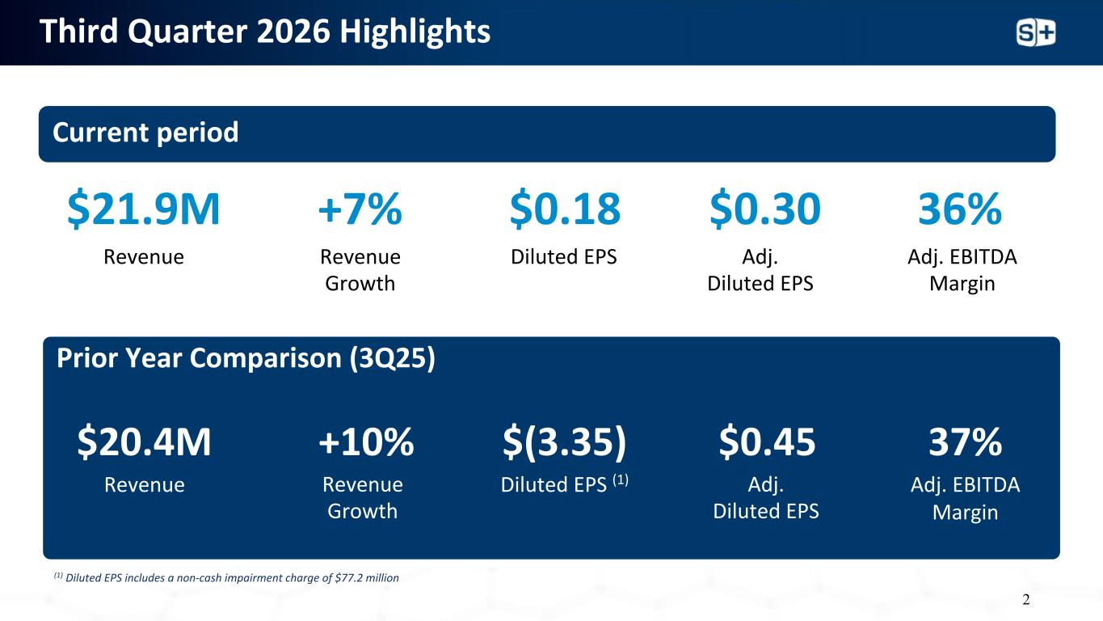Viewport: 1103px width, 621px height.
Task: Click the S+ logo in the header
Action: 1036,33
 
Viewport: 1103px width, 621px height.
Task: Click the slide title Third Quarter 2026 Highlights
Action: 265,32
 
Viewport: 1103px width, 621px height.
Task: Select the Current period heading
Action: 145,133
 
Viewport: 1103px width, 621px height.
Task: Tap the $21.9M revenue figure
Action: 143,209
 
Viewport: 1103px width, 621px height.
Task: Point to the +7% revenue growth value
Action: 360,209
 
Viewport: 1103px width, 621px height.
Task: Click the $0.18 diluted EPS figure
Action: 565,209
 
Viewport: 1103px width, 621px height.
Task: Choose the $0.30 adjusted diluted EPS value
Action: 764,209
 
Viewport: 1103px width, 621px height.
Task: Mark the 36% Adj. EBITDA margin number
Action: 960,209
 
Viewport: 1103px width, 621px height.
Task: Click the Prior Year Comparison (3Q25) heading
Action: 246,358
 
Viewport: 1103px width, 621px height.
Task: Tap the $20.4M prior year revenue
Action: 144,441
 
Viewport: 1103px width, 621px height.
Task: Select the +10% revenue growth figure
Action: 366,441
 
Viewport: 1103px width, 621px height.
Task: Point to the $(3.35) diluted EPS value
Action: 564,441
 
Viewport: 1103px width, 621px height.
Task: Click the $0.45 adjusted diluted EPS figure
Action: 767,441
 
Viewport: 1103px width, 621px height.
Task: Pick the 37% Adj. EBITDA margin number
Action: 965,441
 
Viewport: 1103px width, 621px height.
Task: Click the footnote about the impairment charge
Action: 226,577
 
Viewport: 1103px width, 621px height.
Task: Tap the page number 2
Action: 1026,600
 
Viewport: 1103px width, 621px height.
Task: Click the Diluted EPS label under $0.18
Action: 564,257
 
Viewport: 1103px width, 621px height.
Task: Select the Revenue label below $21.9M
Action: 144,257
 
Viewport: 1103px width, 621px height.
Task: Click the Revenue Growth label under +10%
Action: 362,498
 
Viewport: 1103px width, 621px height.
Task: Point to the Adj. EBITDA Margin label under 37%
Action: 965,499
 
